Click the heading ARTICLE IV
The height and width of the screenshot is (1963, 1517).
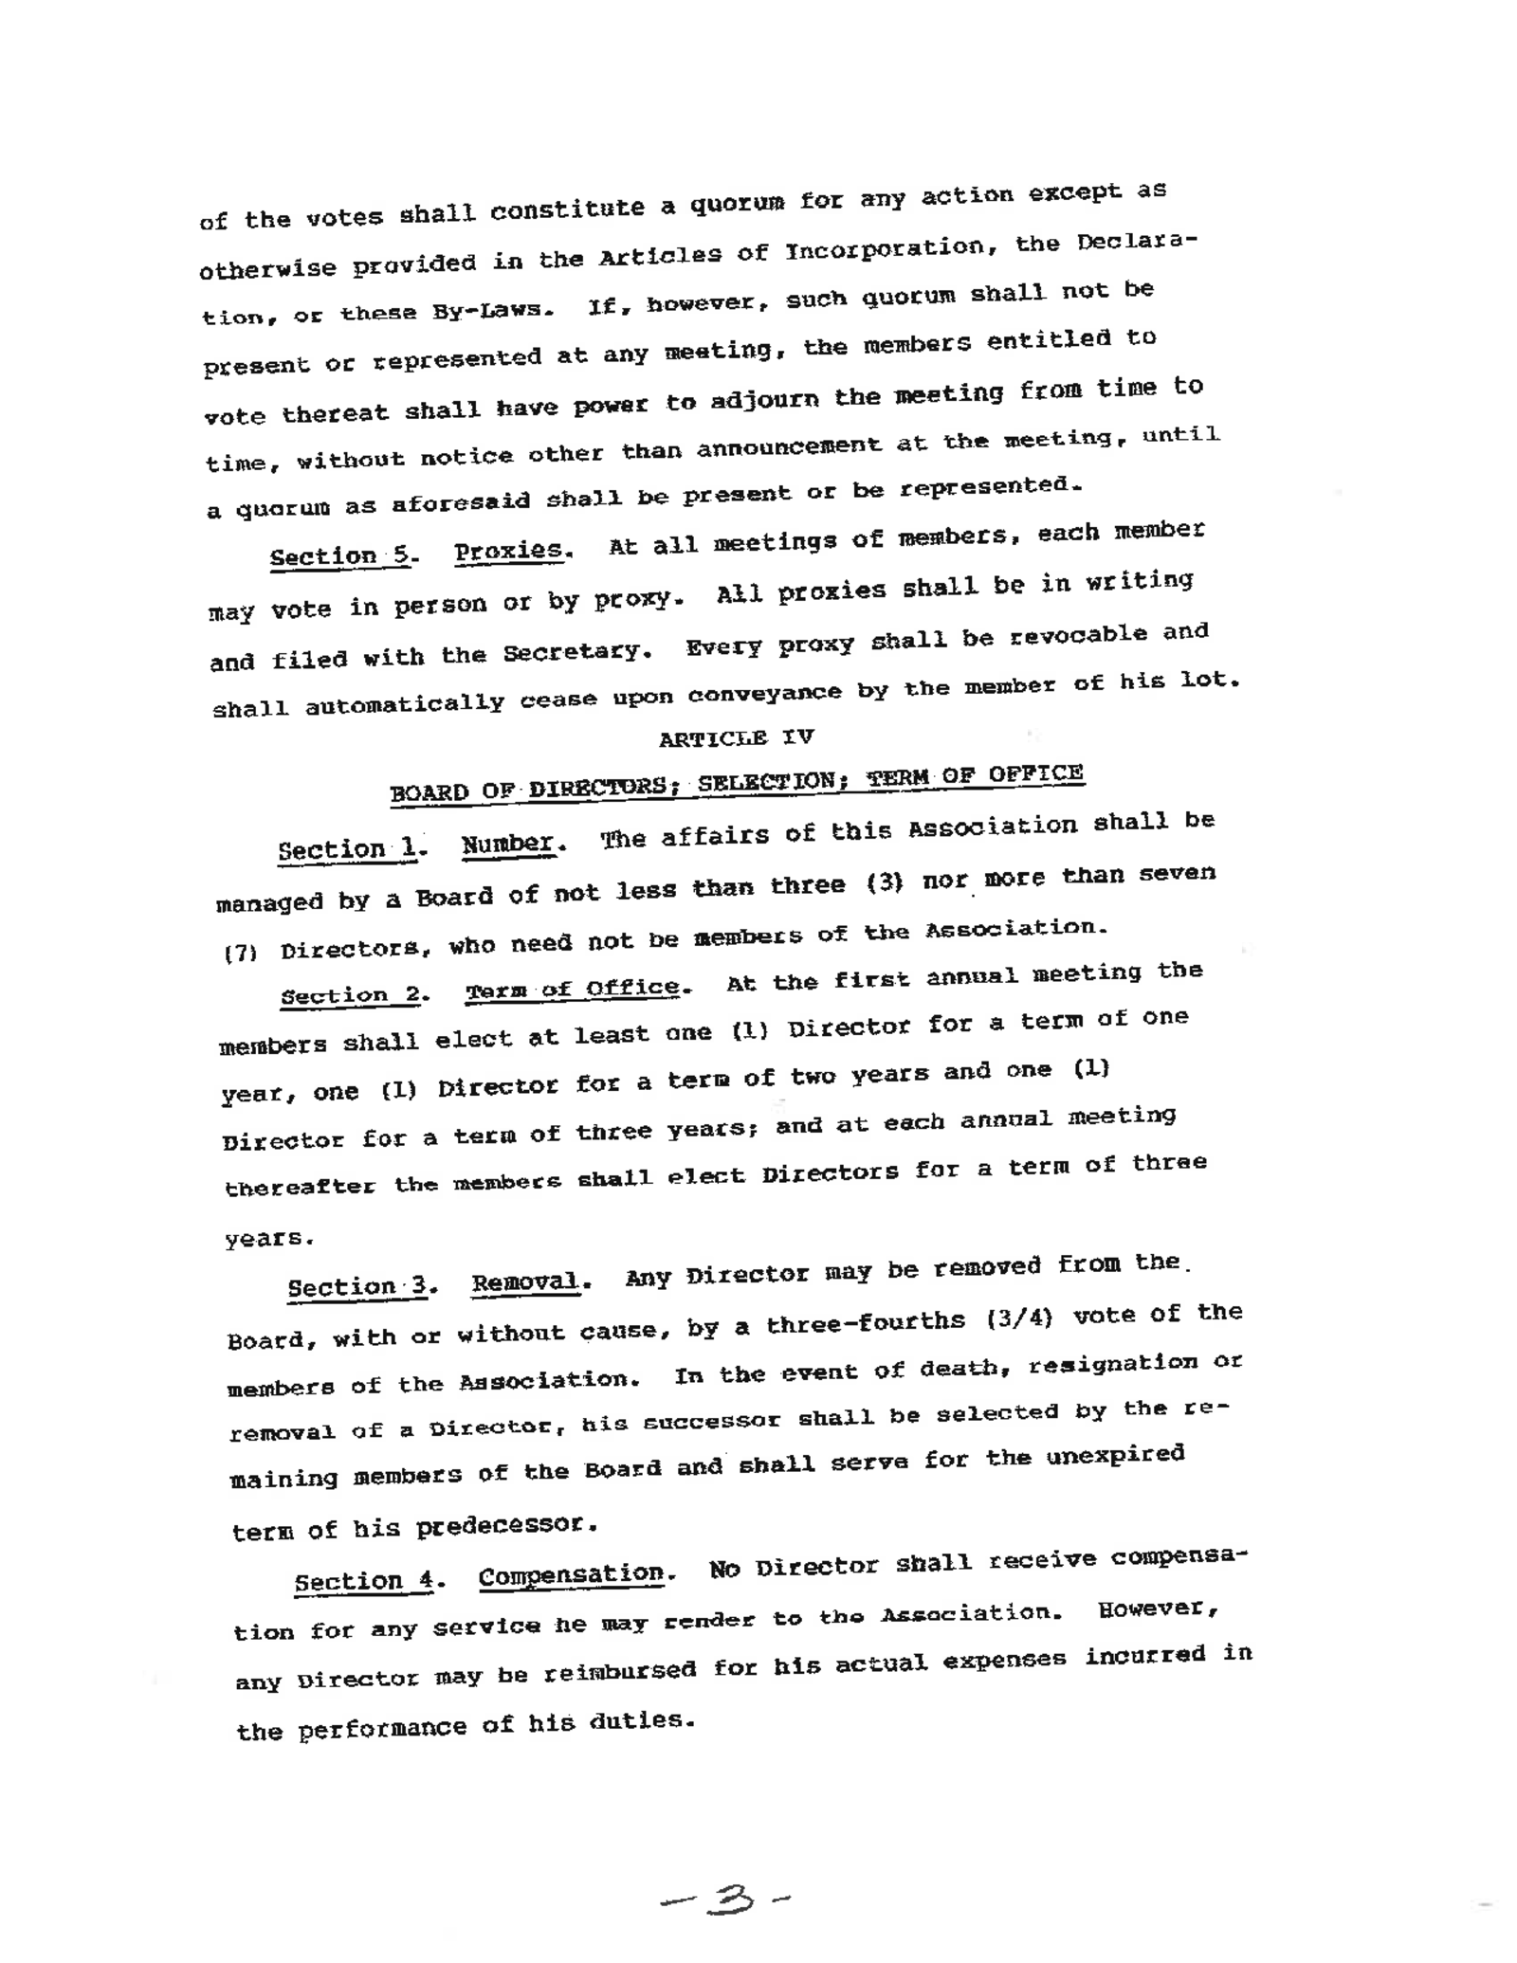[736, 737]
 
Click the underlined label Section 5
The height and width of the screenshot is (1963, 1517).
[340, 555]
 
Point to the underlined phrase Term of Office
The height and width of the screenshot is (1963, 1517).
[573, 990]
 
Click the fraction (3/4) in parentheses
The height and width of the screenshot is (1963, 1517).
[1020, 1318]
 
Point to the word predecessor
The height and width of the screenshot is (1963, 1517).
[507, 1526]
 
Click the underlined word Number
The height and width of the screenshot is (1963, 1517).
[508, 844]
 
